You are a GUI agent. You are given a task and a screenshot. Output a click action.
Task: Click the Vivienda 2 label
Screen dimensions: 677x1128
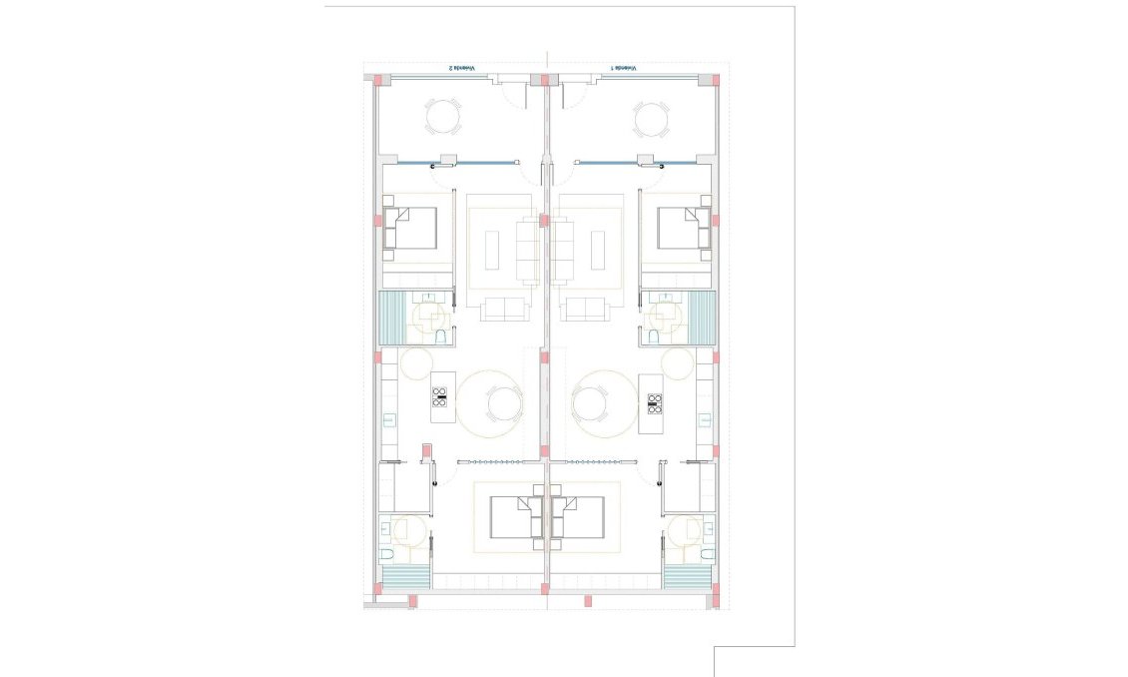pyautogui.click(x=461, y=68)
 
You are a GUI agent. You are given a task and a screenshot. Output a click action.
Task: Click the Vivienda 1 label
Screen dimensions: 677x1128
pyautogui.click(x=625, y=68)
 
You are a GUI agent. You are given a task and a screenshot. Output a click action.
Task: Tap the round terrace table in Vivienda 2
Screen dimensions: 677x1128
pyautogui.click(x=444, y=117)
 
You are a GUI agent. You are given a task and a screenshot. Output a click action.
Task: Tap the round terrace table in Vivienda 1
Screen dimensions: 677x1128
pyautogui.click(x=651, y=117)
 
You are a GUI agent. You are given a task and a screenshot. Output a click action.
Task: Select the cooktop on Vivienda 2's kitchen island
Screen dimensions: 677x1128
pyautogui.click(x=439, y=396)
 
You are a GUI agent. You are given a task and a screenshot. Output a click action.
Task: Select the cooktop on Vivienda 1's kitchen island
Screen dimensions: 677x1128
pyautogui.click(x=655, y=403)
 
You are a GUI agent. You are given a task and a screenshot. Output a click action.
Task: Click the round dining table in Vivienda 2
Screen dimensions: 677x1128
pyautogui.click(x=502, y=403)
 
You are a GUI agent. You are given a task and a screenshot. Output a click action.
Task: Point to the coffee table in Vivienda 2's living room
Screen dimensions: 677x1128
pyautogui.click(x=492, y=250)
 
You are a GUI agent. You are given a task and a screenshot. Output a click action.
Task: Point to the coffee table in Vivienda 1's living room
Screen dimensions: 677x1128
pyautogui.click(x=599, y=250)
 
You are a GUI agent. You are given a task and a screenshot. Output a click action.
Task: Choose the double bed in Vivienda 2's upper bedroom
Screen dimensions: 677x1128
pyautogui.click(x=413, y=228)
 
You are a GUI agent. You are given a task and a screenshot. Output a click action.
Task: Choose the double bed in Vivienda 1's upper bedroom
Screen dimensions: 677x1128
pyautogui.click(x=683, y=228)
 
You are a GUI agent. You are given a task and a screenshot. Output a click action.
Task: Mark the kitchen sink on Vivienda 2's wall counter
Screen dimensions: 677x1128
pyautogui.click(x=385, y=420)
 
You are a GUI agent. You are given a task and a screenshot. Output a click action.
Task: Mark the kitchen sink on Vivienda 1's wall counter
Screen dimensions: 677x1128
pyautogui.click(x=706, y=420)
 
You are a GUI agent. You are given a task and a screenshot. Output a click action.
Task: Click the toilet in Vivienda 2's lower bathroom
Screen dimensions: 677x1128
pyautogui.click(x=387, y=553)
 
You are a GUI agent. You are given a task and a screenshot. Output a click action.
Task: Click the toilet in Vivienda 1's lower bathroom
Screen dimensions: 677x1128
pyautogui.click(x=706, y=553)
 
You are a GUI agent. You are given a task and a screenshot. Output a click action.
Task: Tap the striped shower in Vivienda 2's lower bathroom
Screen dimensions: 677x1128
pyautogui.click(x=405, y=577)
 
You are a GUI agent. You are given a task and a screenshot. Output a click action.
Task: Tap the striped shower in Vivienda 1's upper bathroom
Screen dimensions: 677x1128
pyautogui.click(x=703, y=318)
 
